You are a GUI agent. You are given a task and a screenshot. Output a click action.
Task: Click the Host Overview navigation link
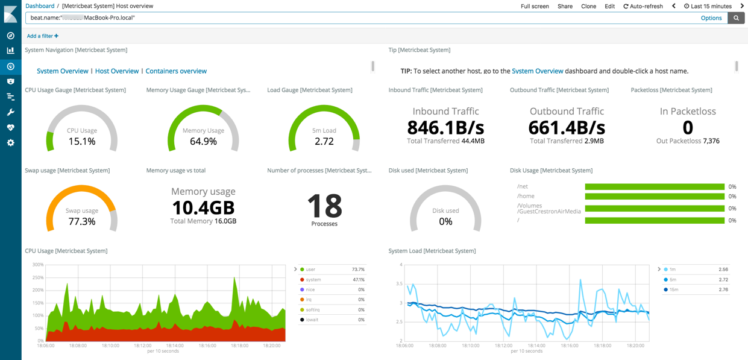tap(117, 71)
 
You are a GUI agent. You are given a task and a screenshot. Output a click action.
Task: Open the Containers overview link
tap(176, 71)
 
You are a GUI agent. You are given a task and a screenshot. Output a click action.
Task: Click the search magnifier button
tap(736, 18)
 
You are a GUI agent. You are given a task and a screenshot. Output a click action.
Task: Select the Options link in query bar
tap(711, 18)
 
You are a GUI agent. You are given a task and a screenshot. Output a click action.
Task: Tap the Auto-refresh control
tap(643, 6)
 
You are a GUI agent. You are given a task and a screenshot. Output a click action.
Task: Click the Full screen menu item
tap(535, 6)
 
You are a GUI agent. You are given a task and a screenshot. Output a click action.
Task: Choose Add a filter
tap(43, 36)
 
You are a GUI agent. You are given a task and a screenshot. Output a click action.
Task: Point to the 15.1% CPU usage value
tap(82, 142)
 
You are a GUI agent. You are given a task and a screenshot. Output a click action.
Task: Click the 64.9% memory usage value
tap(203, 142)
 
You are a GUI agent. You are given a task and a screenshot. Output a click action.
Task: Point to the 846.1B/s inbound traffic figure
tap(445, 127)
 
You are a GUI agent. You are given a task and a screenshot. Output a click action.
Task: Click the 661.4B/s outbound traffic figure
tap(567, 127)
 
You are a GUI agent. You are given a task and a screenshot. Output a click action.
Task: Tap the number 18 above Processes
tap(324, 206)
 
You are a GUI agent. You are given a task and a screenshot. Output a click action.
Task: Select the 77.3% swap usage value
tap(82, 222)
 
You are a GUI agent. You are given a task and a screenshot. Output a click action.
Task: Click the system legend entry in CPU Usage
tap(313, 280)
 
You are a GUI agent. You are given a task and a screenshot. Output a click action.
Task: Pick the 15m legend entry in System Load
tap(673, 289)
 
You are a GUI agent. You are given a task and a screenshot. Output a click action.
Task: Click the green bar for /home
tap(655, 197)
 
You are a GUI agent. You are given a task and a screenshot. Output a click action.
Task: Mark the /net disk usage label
tap(523, 187)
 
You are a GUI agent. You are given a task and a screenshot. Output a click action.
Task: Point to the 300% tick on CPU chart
tap(37, 265)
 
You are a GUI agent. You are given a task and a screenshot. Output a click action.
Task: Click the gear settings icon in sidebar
tap(10, 143)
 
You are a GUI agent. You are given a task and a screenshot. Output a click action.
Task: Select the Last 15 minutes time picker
tap(708, 6)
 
